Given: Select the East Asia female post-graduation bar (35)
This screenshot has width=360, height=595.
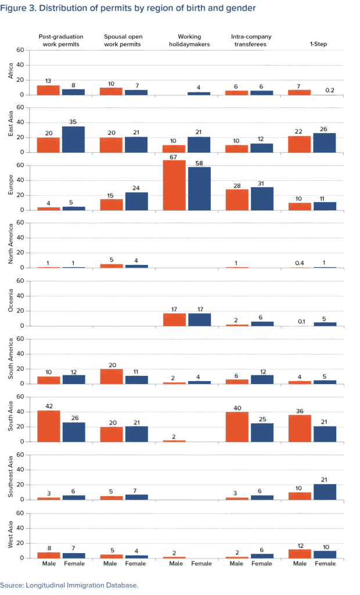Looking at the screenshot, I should (x=73, y=139).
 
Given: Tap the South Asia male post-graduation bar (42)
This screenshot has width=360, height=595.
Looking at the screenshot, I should (x=48, y=426).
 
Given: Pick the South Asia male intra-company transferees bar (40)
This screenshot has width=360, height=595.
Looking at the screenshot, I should (x=237, y=427).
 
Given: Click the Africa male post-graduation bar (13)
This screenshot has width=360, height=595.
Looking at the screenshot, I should (x=48, y=90).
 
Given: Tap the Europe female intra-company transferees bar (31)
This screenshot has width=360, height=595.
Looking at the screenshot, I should (x=262, y=199).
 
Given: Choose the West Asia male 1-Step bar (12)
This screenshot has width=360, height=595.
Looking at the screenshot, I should (x=300, y=554).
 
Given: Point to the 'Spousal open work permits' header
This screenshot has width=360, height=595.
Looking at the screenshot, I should (x=123, y=40).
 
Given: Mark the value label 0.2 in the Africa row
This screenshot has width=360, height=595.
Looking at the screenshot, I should (x=330, y=89).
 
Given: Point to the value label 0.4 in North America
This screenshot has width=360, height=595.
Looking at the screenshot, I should (x=300, y=263).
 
